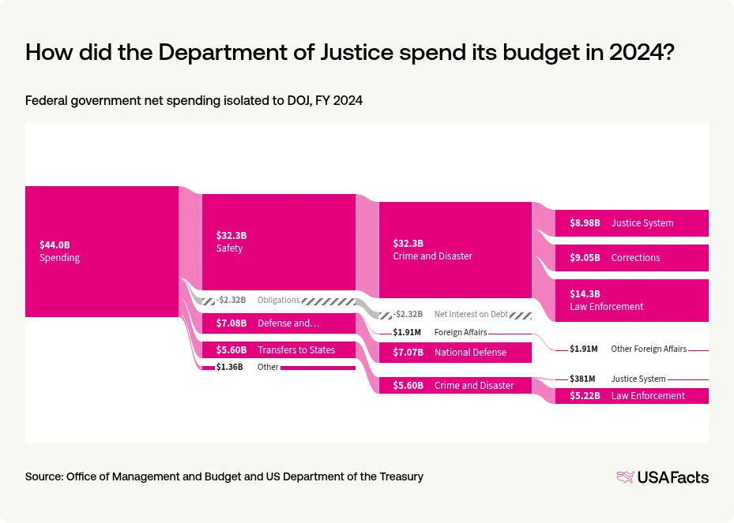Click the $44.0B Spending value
pos(55,245)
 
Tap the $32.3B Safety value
pos(231,235)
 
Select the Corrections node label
pos(635,257)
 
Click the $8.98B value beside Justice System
pos(585,222)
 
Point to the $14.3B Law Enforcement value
pos(585,293)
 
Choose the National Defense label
pos(470,352)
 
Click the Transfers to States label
pos(296,349)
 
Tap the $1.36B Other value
pos(229,367)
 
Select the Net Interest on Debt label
pos(470,314)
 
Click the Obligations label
pos(279,300)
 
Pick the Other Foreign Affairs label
pos(649,348)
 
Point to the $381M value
pos(584,379)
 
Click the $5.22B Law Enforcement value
pos(585,395)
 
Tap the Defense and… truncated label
pos(288,323)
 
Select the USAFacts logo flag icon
pos(626,476)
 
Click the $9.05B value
pos(585,257)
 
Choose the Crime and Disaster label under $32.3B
pos(432,256)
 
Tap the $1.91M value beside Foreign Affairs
pos(407,332)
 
